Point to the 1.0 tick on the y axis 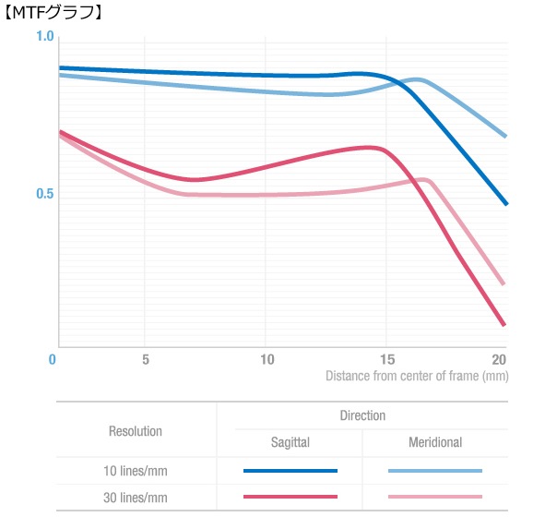(x=44, y=36)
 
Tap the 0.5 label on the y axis (x=44, y=195)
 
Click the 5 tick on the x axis (x=146, y=358)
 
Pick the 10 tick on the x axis (x=267, y=358)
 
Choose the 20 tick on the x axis (x=500, y=358)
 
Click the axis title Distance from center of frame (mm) (x=417, y=376)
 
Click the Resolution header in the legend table (x=136, y=431)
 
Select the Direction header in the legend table (x=361, y=416)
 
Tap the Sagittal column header (x=290, y=443)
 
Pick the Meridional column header (x=435, y=443)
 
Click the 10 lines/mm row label (x=136, y=471)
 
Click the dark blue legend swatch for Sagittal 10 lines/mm (x=290, y=471)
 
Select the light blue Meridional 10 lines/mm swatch (x=435, y=471)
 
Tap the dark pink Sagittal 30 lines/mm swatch (x=290, y=497)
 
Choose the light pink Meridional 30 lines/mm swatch (x=435, y=497)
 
